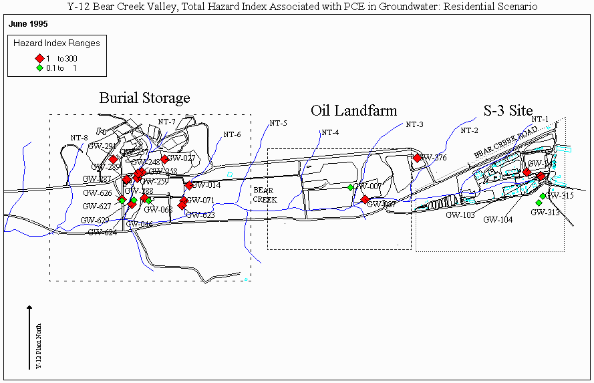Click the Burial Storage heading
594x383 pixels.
[x=144, y=98]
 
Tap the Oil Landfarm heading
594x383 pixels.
[x=354, y=110]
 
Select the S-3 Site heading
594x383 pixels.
[x=508, y=110]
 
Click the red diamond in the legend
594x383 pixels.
[x=39, y=58]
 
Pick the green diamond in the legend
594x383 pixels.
[x=39, y=68]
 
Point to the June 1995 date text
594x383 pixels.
[x=29, y=24]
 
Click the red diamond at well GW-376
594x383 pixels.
[x=417, y=158]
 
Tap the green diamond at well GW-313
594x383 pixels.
[x=539, y=203]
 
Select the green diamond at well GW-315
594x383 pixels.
[x=543, y=195]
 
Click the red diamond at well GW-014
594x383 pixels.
[x=189, y=185]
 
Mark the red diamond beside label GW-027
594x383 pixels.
[x=164, y=159]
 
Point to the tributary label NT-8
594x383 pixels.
[x=79, y=138]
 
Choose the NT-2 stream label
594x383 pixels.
[x=470, y=130]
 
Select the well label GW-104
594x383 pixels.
[x=498, y=219]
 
